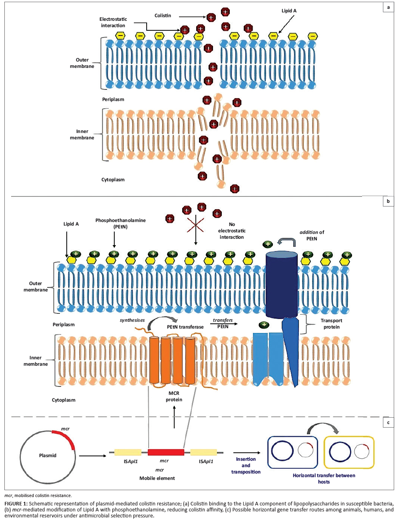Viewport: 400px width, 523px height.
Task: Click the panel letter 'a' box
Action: pyautogui.click(x=388, y=8)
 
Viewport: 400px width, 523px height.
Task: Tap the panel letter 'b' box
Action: pyautogui.click(x=388, y=202)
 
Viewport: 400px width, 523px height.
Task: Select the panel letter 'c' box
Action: pyautogui.click(x=388, y=422)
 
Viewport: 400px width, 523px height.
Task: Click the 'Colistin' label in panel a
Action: pyautogui.click(x=163, y=16)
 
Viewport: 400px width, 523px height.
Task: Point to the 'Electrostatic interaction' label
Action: pyautogui.click(x=113, y=22)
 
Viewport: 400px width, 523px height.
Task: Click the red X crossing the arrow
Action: pyautogui.click(x=195, y=225)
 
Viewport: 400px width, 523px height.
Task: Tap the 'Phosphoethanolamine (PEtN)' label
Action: pyautogui.click(x=120, y=224)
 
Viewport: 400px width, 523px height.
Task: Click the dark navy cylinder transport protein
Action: pyautogui.click(x=282, y=285)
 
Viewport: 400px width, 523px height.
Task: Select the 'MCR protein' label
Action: pyautogui.click(x=174, y=396)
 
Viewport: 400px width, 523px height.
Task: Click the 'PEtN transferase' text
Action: pyautogui.click(x=185, y=327)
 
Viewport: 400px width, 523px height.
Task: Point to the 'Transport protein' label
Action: pyautogui.click(x=331, y=324)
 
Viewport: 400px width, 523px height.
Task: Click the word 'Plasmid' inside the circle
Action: pyautogui.click(x=48, y=456)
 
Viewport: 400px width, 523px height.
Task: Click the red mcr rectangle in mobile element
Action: pyautogui.click(x=166, y=452)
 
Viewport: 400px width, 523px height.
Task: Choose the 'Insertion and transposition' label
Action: pyautogui.click(x=246, y=466)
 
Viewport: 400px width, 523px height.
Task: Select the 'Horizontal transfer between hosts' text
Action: pyautogui.click(x=324, y=478)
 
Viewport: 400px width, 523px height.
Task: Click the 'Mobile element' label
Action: pyautogui.click(x=157, y=478)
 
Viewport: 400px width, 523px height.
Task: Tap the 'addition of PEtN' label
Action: pyautogui.click(x=312, y=236)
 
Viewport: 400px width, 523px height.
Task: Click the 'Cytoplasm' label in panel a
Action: pyautogui.click(x=113, y=180)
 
